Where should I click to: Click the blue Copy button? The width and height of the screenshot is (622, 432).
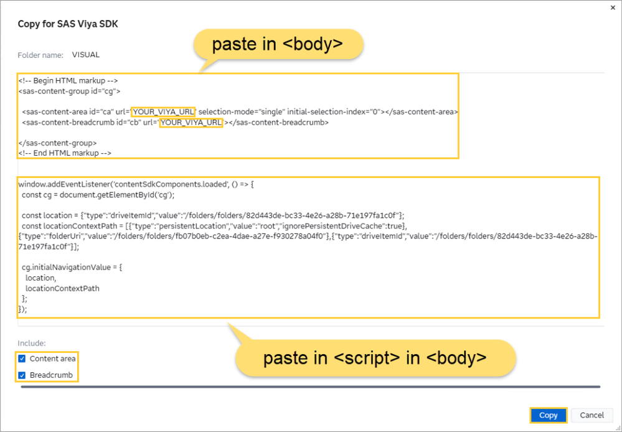click(548, 415)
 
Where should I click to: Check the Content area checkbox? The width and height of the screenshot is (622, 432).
click(22, 359)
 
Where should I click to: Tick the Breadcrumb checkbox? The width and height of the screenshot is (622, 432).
click(22, 375)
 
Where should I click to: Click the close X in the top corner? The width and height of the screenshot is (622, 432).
click(613, 7)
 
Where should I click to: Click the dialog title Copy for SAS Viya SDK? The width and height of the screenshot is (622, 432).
click(68, 24)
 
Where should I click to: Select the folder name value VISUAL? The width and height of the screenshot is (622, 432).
click(86, 55)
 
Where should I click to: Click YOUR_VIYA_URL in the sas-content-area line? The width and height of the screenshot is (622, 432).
click(163, 112)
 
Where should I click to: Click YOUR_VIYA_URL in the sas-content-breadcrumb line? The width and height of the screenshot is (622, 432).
click(191, 123)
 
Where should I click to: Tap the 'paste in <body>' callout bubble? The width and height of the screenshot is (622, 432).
click(278, 44)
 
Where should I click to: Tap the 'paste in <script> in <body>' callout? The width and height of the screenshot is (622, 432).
click(375, 358)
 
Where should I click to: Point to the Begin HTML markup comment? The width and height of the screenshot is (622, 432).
click(68, 80)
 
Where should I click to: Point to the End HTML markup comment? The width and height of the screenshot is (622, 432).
click(65, 153)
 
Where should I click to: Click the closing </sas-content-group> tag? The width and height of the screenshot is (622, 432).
click(57, 143)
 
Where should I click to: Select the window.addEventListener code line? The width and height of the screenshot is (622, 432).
click(136, 184)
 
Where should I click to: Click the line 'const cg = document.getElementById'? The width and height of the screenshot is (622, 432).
click(98, 195)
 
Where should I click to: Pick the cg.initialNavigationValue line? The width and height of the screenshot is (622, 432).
click(72, 268)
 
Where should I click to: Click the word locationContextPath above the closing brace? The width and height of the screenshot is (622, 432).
click(62, 288)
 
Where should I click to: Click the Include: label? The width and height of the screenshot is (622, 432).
click(32, 343)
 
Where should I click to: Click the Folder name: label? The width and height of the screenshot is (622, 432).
click(40, 55)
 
